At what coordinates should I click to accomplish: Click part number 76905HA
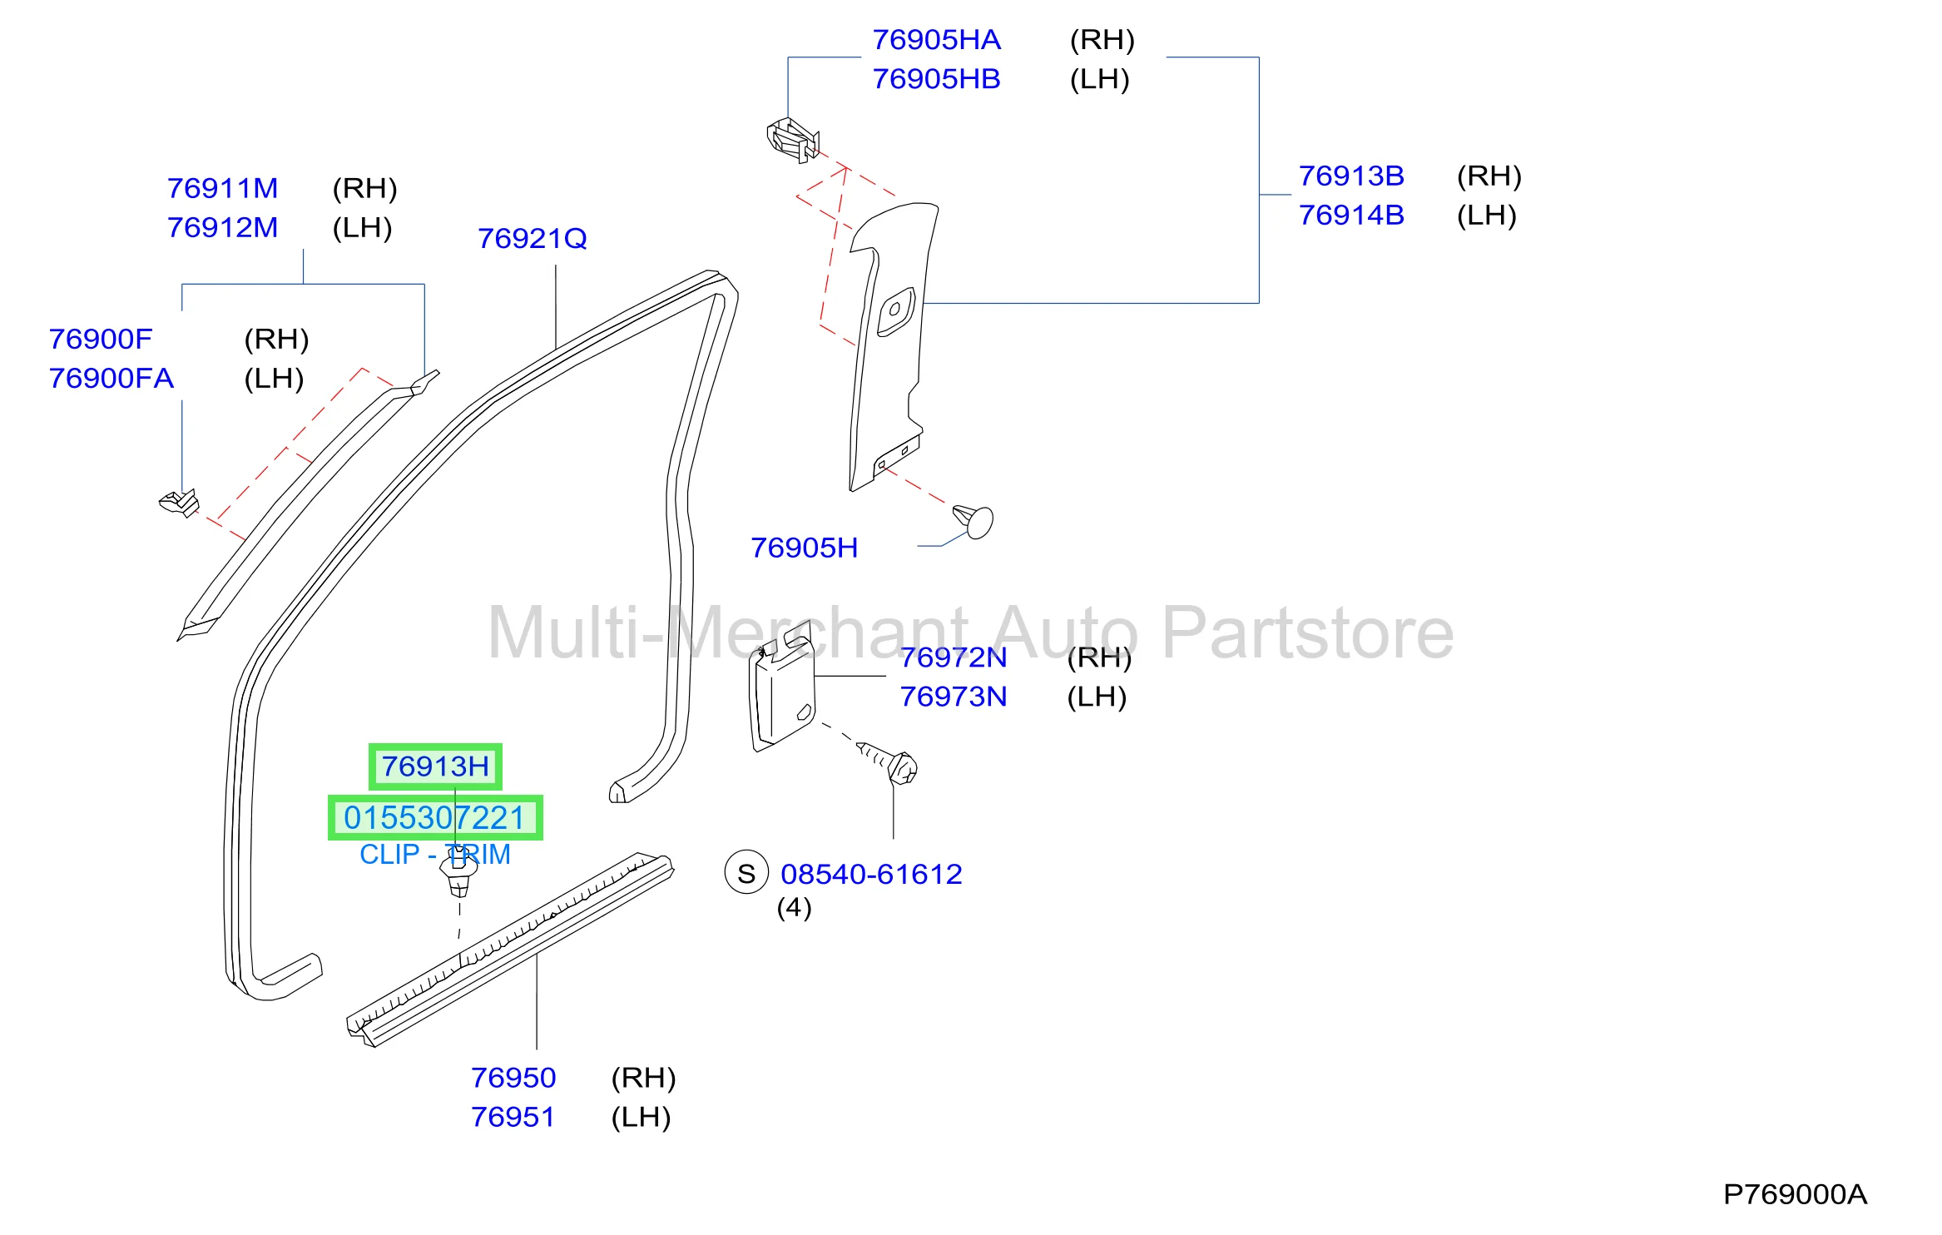tap(936, 40)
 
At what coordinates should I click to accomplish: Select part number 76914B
tap(1351, 216)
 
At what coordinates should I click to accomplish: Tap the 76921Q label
tap(533, 239)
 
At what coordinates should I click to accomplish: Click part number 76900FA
tap(111, 379)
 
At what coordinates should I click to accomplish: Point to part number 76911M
tap(222, 189)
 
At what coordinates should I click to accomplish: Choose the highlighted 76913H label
tap(435, 766)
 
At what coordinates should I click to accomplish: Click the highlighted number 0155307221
tap(435, 818)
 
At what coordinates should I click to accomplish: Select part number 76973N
tap(954, 697)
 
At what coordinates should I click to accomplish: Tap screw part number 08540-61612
tap(871, 875)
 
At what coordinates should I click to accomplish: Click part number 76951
tap(513, 1118)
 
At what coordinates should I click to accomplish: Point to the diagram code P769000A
tap(1795, 1195)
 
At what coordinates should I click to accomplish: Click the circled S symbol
tap(746, 873)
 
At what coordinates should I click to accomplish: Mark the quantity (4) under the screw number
tap(794, 908)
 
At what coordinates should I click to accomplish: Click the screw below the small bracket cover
tap(889, 762)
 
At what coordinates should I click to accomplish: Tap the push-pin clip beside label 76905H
tap(974, 521)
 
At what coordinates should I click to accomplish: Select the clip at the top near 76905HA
tap(793, 140)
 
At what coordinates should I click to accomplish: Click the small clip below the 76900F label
tap(180, 503)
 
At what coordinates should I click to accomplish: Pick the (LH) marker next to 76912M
tap(362, 228)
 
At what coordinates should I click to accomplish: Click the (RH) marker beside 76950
tap(643, 1079)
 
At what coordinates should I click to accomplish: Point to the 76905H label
tap(804, 548)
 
